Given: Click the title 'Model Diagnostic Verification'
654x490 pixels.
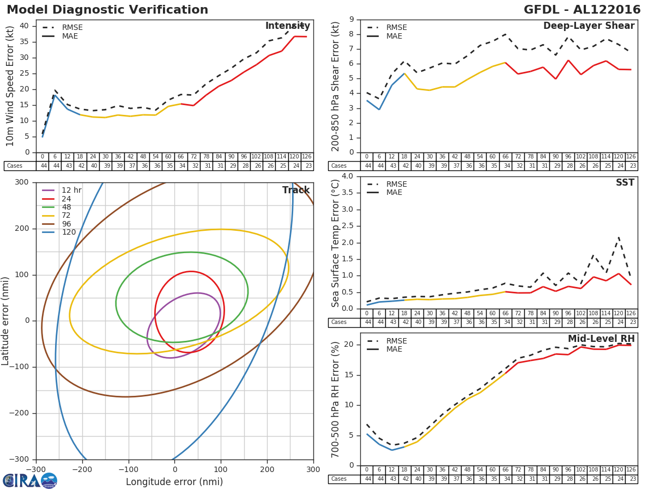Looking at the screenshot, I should [107, 10].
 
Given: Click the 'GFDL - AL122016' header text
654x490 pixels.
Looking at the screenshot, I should [582, 10].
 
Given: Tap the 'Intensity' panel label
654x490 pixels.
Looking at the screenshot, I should [287, 26].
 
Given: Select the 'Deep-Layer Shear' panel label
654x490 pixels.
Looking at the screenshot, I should [589, 26].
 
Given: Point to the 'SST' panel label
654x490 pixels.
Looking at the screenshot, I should [626, 183].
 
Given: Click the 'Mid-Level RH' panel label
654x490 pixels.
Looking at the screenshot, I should [601, 339].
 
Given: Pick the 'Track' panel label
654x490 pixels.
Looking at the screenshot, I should [295, 190].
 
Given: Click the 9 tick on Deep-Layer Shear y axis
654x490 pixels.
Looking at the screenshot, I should [351, 20].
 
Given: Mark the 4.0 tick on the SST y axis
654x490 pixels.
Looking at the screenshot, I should [347, 176].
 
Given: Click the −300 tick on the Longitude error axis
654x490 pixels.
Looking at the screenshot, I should [36, 469].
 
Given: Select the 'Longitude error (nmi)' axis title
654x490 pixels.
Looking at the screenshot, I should [174, 482].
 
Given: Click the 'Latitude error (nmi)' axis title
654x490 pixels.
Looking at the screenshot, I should [6, 321].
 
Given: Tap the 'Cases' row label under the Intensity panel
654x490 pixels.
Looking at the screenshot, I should [14, 166].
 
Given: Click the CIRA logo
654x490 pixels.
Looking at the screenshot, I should [30, 481].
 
